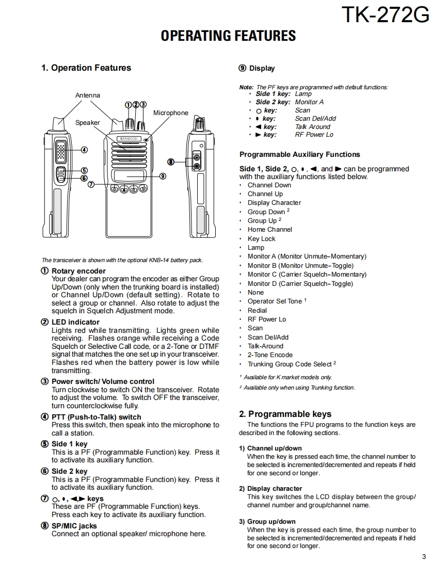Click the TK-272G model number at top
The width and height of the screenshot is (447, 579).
385,15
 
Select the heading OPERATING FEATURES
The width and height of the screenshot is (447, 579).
228,36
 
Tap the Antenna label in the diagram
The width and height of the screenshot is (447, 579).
88,95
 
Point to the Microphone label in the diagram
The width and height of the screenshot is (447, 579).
171,113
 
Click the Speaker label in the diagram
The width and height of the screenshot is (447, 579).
88,123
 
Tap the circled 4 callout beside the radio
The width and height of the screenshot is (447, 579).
84,150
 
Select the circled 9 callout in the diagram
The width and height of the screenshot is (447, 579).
163,176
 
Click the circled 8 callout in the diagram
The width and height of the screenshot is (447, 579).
170,162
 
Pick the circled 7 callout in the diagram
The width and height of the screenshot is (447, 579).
91,184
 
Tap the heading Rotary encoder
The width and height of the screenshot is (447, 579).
78,271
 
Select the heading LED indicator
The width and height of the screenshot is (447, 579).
75,322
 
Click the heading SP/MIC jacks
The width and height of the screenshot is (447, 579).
74,526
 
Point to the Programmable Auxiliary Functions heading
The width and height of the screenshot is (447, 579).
299,154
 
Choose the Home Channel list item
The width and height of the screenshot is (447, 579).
269,230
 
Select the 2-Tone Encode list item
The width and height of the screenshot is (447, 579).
270,355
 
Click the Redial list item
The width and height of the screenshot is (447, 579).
257,311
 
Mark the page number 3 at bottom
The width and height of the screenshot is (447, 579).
424,556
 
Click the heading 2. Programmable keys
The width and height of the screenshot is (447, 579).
285,414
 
